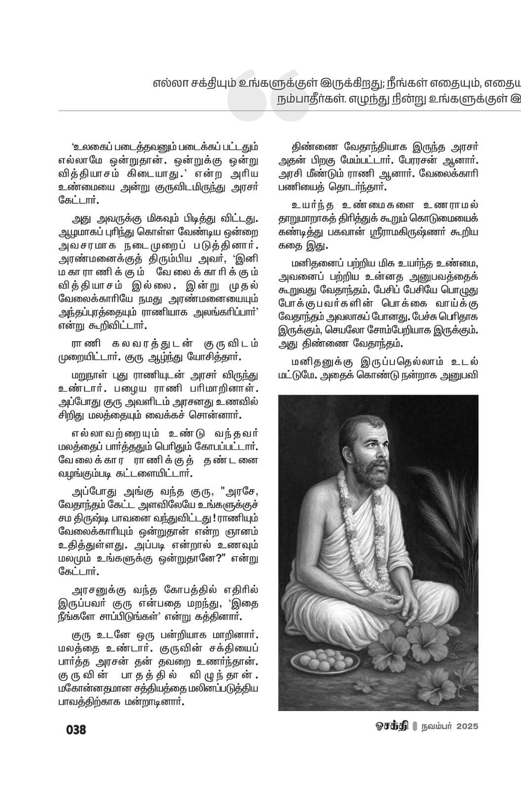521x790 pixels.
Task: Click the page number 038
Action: click(76, 729)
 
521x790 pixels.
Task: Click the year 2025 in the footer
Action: click(467, 727)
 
